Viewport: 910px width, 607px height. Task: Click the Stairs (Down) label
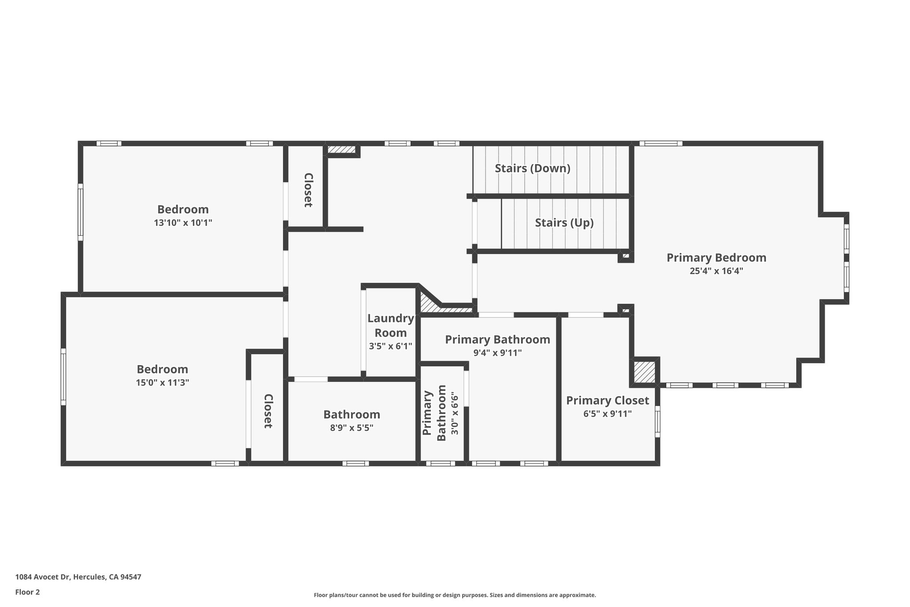pyautogui.click(x=532, y=169)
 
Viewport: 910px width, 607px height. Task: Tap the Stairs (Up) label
pyautogui.click(x=564, y=222)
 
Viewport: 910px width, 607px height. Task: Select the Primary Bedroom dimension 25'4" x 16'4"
pyautogui.click(x=716, y=271)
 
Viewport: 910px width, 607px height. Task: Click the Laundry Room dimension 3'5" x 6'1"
pyautogui.click(x=391, y=346)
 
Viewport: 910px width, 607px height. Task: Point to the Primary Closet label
pyautogui.click(x=607, y=401)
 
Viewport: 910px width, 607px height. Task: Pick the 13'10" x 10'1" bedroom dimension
pyautogui.click(x=183, y=223)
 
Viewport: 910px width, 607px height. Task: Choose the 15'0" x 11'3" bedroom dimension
pyautogui.click(x=163, y=382)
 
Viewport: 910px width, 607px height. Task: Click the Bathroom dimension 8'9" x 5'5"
pyautogui.click(x=351, y=428)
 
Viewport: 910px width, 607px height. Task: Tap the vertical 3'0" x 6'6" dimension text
pyautogui.click(x=455, y=413)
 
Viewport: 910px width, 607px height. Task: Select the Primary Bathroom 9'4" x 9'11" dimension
pyautogui.click(x=497, y=353)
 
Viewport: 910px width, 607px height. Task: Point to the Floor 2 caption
pyautogui.click(x=28, y=592)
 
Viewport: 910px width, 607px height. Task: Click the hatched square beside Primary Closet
pyautogui.click(x=644, y=372)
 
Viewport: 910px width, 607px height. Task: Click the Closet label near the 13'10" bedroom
pyautogui.click(x=308, y=190)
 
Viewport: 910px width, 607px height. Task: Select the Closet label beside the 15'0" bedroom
pyautogui.click(x=268, y=411)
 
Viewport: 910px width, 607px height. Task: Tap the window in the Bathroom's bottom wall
pyautogui.click(x=355, y=463)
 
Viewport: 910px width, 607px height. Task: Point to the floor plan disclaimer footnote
pyautogui.click(x=455, y=595)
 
